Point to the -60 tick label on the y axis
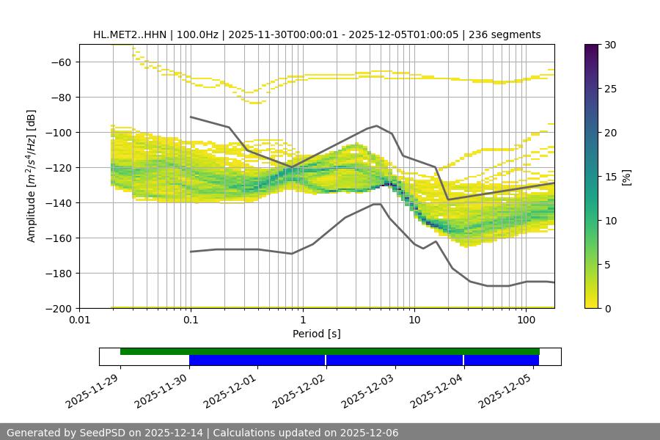point(61,62)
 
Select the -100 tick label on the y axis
point(58,132)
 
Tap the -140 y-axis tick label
point(58,202)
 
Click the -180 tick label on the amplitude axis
point(58,273)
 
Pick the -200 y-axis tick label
point(58,308)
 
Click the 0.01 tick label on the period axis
point(79,320)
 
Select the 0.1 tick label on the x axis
point(191,320)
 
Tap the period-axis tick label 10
point(414,320)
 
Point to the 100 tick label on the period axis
point(526,320)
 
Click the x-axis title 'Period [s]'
point(317,334)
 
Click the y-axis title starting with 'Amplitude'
point(31,176)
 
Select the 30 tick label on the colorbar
point(610,45)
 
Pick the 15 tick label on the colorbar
point(610,177)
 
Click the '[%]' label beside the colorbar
point(626,177)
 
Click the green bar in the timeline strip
point(330,351)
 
